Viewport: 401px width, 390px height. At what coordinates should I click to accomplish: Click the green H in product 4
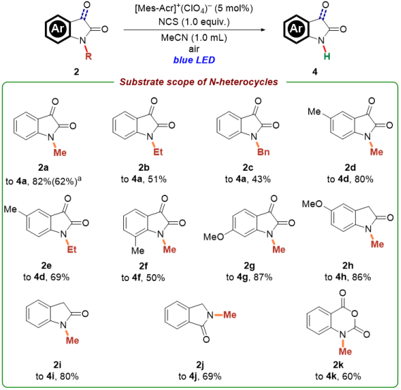point(327,56)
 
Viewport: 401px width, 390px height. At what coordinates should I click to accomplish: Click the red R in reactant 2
point(89,56)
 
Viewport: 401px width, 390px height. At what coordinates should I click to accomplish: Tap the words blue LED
point(194,60)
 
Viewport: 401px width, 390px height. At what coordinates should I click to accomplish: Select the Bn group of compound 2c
point(263,152)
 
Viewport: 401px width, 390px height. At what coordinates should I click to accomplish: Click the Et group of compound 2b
point(158,152)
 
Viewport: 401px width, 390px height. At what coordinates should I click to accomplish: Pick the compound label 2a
point(43,168)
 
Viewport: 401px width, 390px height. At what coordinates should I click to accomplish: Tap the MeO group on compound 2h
point(312,204)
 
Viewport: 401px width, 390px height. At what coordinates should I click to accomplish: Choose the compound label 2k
point(338,365)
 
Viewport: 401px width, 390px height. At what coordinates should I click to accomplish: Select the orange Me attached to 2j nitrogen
point(230,315)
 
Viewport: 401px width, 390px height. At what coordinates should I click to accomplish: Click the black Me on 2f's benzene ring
point(138,251)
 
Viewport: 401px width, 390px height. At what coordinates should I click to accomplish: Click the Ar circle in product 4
point(297,29)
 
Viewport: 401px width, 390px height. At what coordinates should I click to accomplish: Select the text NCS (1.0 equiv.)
point(194,22)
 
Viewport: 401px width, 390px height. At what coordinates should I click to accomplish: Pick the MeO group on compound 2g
point(214,237)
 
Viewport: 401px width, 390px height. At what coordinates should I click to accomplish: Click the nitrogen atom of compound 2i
point(63,325)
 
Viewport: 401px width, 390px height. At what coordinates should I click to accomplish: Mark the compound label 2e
point(46,266)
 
